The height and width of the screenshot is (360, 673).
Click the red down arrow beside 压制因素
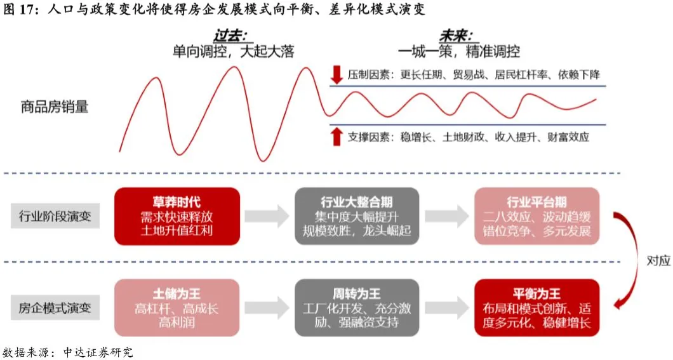coord(336,75)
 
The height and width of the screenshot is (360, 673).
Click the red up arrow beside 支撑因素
coord(336,136)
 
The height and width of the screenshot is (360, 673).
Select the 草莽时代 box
coord(177,217)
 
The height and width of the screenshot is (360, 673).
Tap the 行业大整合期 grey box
coord(357,217)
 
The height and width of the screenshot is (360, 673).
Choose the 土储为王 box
coord(177,308)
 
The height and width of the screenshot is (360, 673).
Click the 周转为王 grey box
coord(357,308)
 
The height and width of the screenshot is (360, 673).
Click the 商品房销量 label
coord(55,107)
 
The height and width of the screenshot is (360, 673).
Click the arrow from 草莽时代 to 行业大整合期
coord(267,217)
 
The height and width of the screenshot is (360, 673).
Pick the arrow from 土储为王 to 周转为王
coord(267,308)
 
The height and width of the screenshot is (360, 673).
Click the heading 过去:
coord(232,36)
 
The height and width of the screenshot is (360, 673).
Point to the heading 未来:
coord(460,36)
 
